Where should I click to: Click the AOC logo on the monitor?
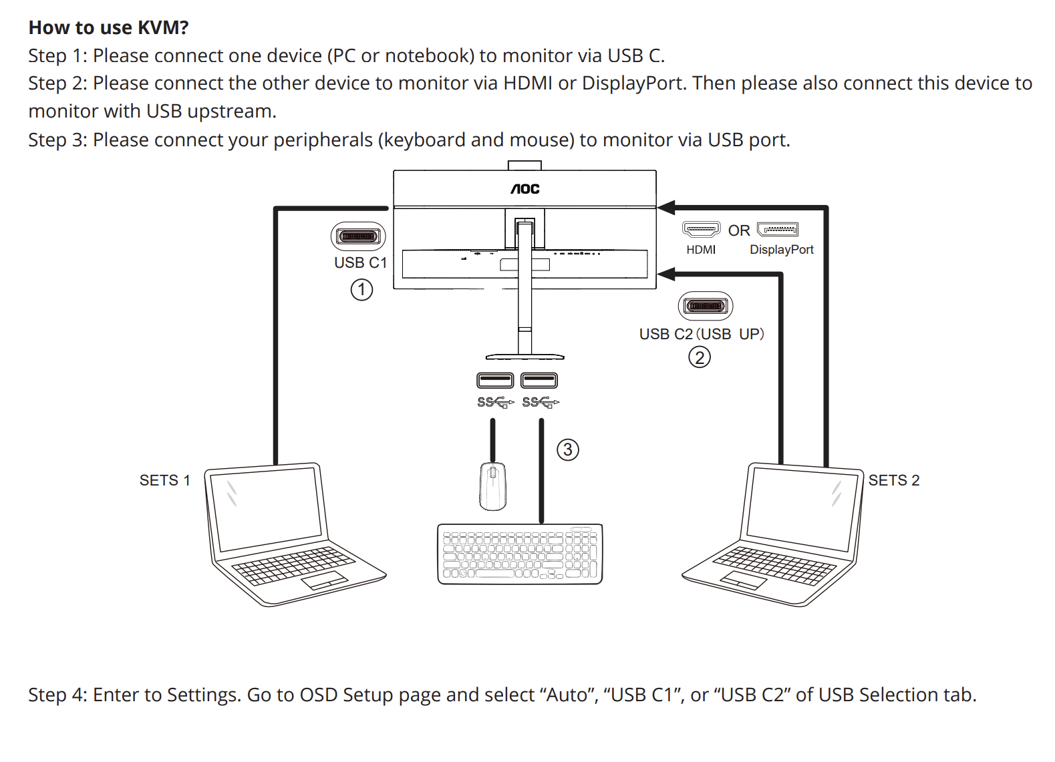pyautogui.click(x=525, y=189)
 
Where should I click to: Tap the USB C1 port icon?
pyautogui.click(x=359, y=236)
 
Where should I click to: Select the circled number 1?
pyautogui.click(x=361, y=290)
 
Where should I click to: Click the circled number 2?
pyautogui.click(x=700, y=358)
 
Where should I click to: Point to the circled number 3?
pyautogui.click(x=568, y=449)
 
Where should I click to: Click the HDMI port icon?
pyautogui.click(x=701, y=230)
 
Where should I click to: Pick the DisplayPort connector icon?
pyautogui.click(x=778, y=230)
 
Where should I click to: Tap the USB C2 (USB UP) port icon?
pyautogui.click(x=706, y=307)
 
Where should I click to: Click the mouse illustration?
pyautogui.click(x=493, y=486)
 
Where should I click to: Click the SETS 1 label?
pyautogui.click(x=164, y=480)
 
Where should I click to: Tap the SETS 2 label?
pyautogui.click(x=894, y=480)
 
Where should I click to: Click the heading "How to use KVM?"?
pyautogui.click(x=108, y=27)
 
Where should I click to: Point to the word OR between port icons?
pyautogui.click(x=739, y=230)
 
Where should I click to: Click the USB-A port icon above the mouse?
pyautogui.click(x=495, y=381)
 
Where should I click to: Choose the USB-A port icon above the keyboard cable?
pyautogui.click(x=539, y=381)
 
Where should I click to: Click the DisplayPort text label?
pyautogui.click(x=782, y=250)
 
